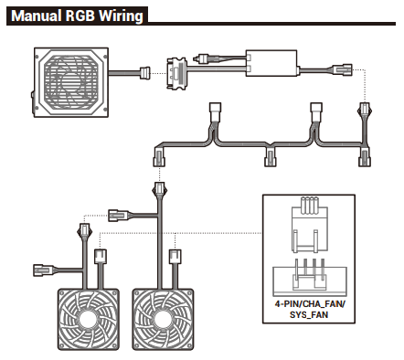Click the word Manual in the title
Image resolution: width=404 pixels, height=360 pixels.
tap(36, 16)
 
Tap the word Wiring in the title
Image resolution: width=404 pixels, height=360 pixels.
tap(122, 16)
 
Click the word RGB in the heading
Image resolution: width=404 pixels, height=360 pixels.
tap(80, 16)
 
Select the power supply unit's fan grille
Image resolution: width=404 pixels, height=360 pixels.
tap(71, 82)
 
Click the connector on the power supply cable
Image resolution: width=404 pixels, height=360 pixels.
tap(144, 73)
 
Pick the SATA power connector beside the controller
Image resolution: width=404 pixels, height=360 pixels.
tap(176, 73)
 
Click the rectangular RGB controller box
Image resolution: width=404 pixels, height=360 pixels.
tap(271, 63)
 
